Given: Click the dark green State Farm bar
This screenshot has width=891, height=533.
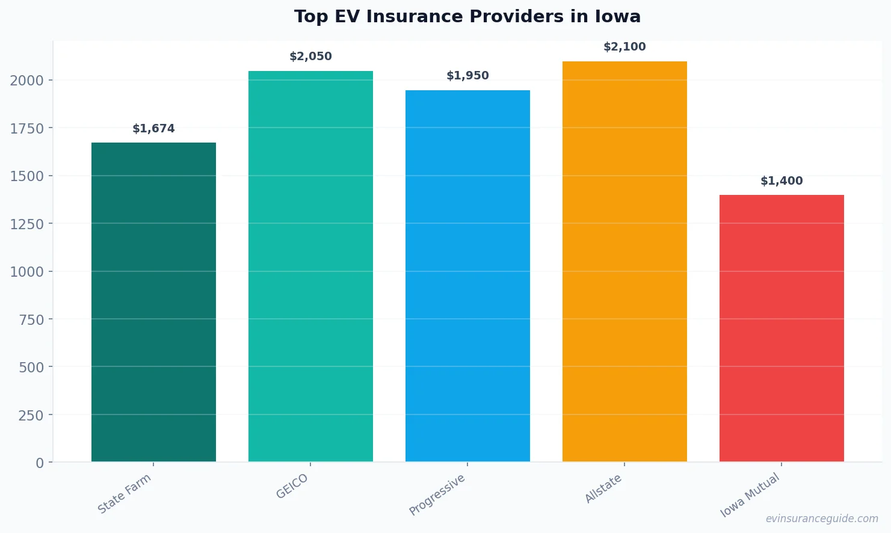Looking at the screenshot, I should pos(153,302).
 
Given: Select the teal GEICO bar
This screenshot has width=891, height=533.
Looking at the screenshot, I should pos(310,266).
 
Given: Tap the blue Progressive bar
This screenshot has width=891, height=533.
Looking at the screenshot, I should pos(467,276).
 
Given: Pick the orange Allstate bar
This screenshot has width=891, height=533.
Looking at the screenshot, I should pos(624,262).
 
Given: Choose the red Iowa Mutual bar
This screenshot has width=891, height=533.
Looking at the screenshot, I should pos(782,328).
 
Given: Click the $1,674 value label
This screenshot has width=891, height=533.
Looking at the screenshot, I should pos(153,129).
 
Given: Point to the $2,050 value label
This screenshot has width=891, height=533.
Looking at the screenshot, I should pos(310,57).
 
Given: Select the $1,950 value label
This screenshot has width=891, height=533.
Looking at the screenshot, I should pos(467,76).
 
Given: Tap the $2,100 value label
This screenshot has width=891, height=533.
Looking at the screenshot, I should pos(624,47).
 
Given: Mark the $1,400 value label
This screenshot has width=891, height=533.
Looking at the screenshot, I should pos(782,181).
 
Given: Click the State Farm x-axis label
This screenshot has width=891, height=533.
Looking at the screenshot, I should pos(125,494).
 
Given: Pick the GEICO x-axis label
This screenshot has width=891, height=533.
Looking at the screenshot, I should pos(292,487).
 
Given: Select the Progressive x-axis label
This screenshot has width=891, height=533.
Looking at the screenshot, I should pos(437,495).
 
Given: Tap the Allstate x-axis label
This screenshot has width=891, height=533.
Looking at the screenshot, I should pos(603,489).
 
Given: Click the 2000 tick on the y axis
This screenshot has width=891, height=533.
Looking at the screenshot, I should pos(26,81).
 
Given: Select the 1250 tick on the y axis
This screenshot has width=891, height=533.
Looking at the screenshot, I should pos(26,224).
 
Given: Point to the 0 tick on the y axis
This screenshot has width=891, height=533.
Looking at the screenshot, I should pos(40,463).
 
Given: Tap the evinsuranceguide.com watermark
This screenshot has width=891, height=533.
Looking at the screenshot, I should pos(822,519).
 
